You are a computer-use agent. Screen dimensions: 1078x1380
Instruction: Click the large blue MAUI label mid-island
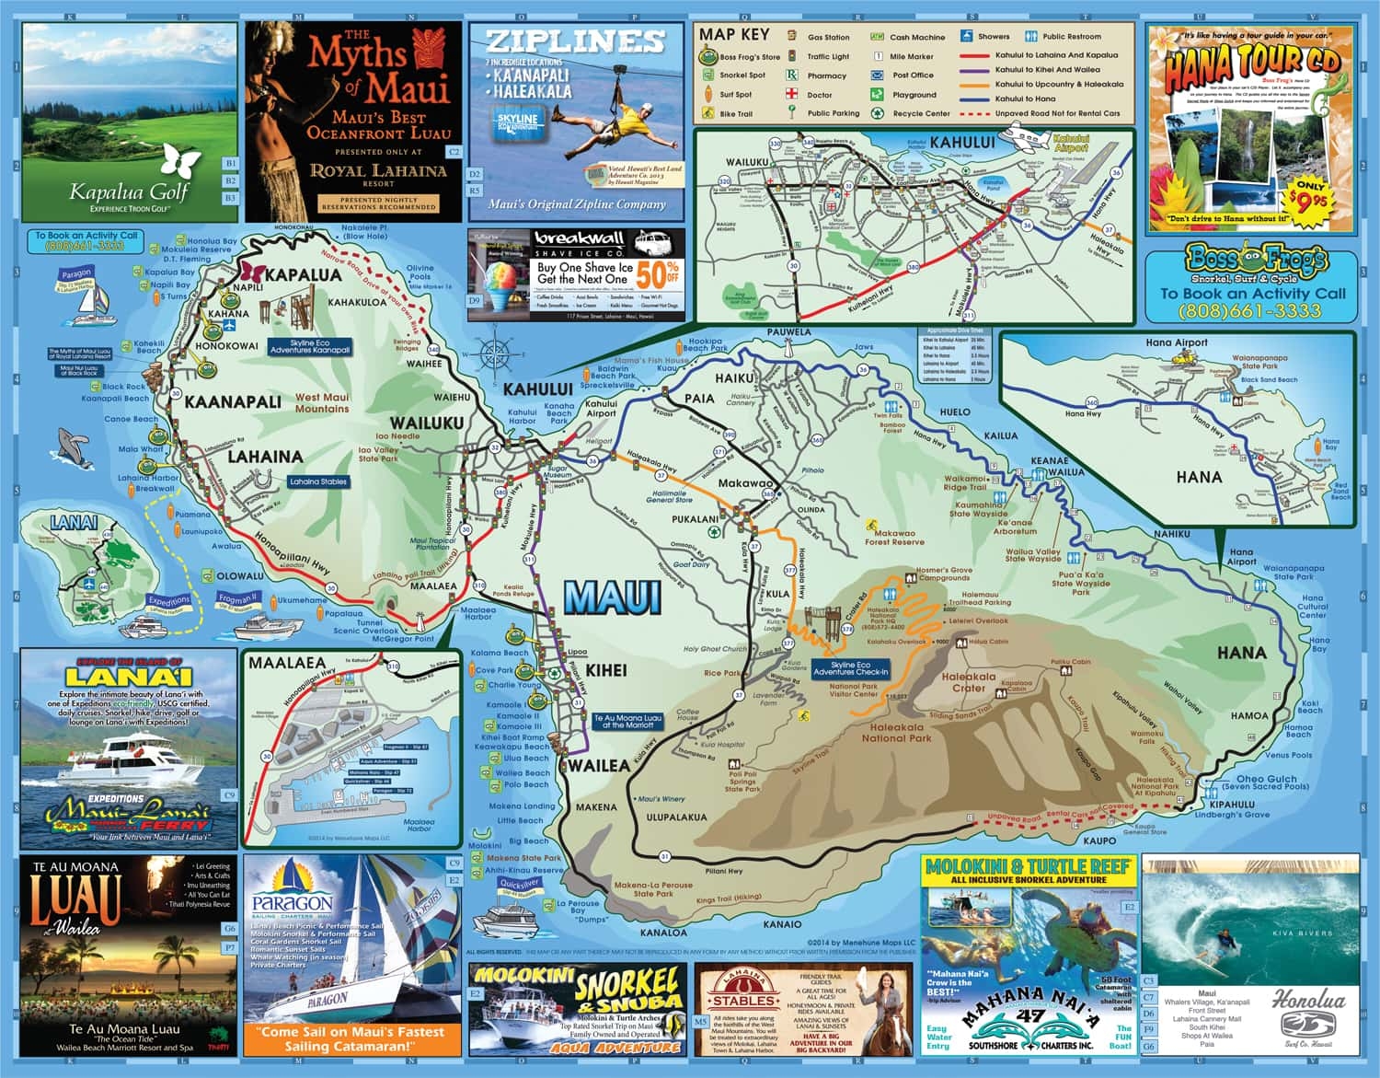tap(613, 597)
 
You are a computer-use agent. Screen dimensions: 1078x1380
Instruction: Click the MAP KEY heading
tap(734, 34)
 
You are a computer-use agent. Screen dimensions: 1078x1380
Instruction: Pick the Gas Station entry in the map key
tap(828, 38)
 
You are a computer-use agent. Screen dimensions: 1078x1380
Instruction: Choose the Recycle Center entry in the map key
tap(921, 114)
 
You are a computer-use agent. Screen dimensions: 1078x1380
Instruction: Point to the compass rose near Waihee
tap(494, 352)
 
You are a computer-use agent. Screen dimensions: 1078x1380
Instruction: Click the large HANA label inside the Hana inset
tap(1199, 477)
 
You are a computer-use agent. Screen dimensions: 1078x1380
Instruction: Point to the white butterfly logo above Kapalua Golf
tap(180, 162)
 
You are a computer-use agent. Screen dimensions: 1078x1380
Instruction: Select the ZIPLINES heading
tap(574, 41)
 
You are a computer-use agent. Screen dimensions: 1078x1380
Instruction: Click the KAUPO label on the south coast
tap(1098, 840)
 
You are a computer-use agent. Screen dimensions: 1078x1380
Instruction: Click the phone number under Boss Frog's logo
tap(1252, 310)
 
